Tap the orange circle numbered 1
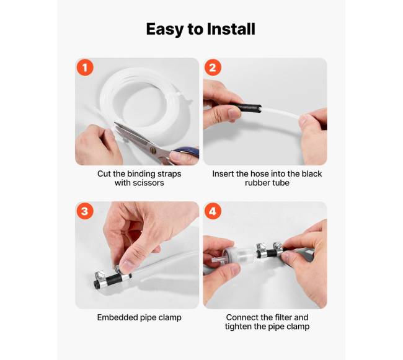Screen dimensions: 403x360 85,68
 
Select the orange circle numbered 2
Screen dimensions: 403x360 213,68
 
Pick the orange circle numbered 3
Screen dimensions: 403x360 85,211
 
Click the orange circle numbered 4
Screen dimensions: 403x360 213,211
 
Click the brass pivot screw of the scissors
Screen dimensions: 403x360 153,149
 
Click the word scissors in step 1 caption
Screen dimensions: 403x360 151,183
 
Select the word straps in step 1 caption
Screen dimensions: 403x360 169,174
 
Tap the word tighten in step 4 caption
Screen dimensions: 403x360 238,327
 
